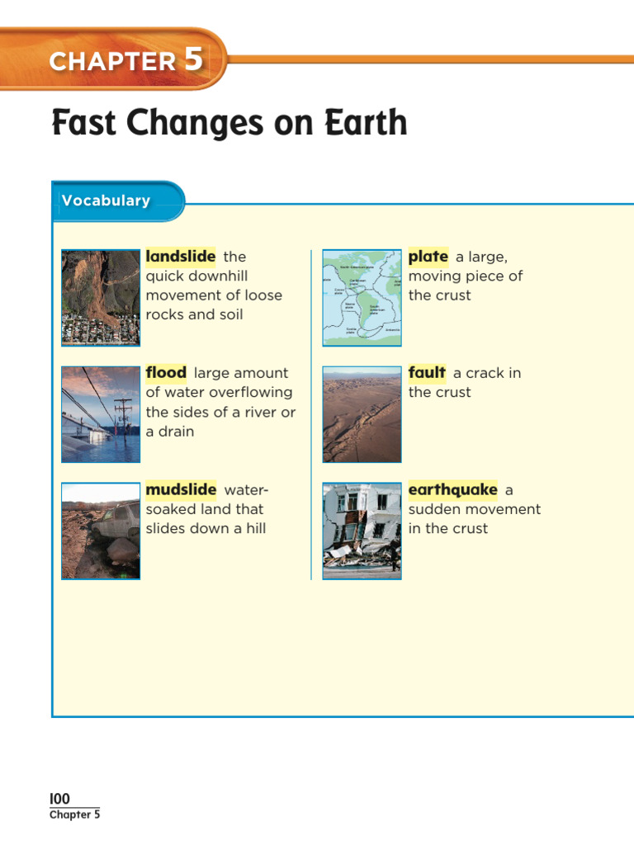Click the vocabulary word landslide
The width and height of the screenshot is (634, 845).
[180, 257]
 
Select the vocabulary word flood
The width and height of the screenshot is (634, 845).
[166, 373]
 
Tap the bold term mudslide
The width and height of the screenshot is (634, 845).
[181, 490]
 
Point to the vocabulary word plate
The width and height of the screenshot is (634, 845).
[428, 257]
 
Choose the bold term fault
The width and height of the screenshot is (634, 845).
[427, 373]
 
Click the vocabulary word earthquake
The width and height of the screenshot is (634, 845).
[452, 490]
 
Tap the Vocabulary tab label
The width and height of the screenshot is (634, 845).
[106, 201]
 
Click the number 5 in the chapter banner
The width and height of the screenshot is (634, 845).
[192, 60]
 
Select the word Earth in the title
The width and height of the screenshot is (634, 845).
[374, 124]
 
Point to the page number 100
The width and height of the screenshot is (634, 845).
[59, 799]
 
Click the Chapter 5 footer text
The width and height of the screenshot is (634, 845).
[74, 815]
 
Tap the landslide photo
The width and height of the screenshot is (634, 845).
[101, 297]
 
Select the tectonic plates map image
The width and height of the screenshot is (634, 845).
[362, 297]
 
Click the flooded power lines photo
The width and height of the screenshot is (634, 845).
[101, 414]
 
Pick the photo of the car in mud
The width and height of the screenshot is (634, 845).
[101, 531]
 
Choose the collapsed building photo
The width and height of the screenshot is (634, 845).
[362, 531]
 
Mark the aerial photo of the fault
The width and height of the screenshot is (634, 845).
[362, 414]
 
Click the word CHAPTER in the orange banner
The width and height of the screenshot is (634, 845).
[112, 62]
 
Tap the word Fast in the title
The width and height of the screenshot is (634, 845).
[81, 124]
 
